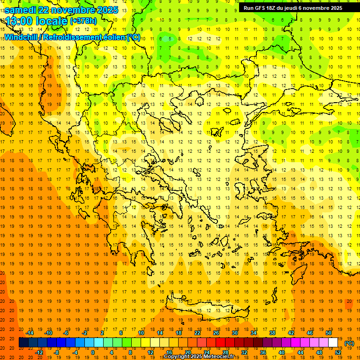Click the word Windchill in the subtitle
(22, 37)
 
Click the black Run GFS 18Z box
(299, 8)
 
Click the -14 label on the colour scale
(30, 333)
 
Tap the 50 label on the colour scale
(329, 333)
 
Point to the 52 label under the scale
(338, 352)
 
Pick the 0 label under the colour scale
(93, 352)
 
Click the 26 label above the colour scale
(216, 333)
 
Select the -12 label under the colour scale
(39, 352)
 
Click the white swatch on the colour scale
(333, 343)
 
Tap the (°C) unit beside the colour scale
(349, 343)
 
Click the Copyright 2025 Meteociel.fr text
(199, 357)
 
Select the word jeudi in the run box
(290, 8)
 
